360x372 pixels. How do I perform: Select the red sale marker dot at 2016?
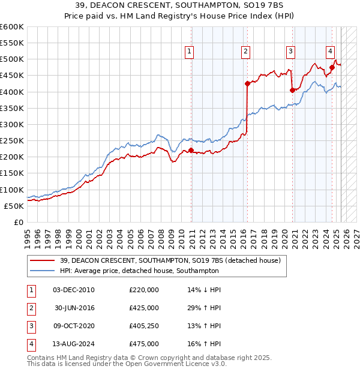click(247, 83)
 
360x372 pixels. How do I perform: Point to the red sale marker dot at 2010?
click(191, 150)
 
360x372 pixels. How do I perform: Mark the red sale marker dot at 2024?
click(332, 67)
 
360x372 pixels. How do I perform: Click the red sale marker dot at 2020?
click(292, 90)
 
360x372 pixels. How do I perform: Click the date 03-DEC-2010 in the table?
click(74, 290)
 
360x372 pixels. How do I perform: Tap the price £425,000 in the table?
click(144, 308)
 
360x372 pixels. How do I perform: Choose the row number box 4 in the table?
click(30, 344)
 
